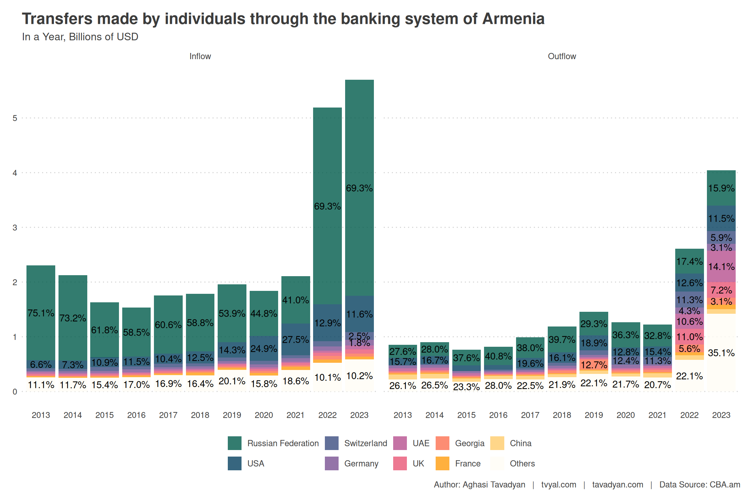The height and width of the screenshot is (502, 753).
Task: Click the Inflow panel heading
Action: [200, 56]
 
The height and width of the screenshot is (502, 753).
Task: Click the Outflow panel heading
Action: [561, 56]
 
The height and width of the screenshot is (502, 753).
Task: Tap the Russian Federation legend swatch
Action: [234, 443]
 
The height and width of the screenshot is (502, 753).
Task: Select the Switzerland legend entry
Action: [365, 443]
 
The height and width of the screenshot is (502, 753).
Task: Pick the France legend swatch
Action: [442, 463]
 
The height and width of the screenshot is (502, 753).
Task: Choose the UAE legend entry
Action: [421, 443]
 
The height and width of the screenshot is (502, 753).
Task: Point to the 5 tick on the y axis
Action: [15, 118]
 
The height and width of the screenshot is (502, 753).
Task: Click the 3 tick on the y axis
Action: [15, 227]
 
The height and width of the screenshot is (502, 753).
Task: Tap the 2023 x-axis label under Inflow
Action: [359, 415]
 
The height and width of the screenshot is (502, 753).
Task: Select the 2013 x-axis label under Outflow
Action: [402, 415]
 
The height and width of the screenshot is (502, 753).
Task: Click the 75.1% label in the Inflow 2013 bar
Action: [41, 313]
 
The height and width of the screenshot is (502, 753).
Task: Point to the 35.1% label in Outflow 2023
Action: [721, 353]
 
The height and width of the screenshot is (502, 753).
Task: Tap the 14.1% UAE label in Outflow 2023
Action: [721, 267]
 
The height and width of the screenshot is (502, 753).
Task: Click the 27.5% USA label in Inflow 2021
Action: [295, 340]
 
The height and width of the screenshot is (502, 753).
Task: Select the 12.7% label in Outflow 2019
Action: [594, 365]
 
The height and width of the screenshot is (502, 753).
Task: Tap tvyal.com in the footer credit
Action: [559, 484]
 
